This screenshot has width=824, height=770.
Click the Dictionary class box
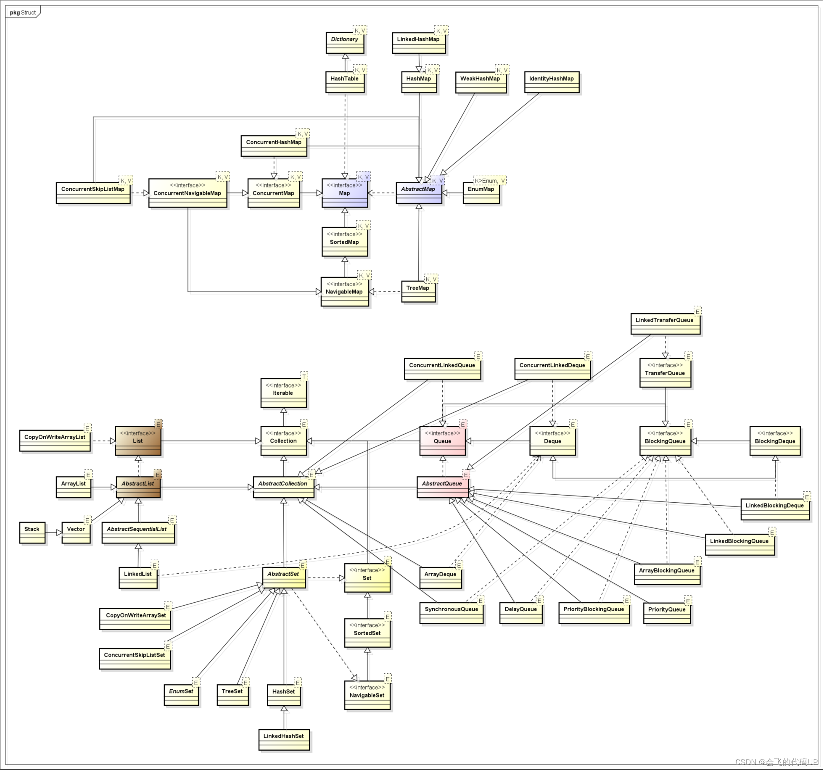point(345,43)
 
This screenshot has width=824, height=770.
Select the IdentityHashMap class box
point(552,82)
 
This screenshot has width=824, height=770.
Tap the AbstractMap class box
point(419,193)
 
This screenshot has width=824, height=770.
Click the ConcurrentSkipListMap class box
point(93,193)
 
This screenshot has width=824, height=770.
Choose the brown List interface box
point(138,441)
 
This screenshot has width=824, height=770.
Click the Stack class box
point(32,533)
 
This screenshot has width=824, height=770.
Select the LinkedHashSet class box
point(284,740)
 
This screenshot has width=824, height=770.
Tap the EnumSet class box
point(181,695)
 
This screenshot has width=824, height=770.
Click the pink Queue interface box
point(442,441)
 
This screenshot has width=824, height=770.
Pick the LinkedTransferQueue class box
point(665,324)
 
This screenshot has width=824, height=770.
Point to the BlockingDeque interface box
point(775,441)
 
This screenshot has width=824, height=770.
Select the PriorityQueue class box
point(667,613)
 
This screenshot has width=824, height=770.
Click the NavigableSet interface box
point(367,695)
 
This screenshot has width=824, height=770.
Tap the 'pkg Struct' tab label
point(23,13)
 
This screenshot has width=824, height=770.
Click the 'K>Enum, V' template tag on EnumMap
point(490,181)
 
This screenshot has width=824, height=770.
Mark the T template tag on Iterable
point(304,376)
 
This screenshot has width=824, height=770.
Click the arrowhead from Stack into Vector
point(59,533)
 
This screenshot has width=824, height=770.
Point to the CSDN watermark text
point(776,762)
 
